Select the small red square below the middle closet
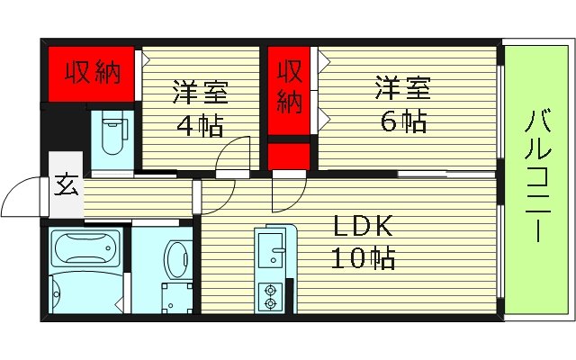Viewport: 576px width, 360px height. (288, 157)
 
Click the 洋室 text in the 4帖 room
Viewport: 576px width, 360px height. (199, 93)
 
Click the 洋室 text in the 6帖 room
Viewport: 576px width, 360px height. (402, 88)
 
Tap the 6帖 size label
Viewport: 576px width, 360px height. (402, 121)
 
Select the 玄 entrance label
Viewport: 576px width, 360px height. (66, 186)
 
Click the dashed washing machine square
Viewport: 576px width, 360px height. (174, 295)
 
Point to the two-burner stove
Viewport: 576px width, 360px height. (269, 292)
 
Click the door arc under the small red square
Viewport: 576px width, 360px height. (288, 193)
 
